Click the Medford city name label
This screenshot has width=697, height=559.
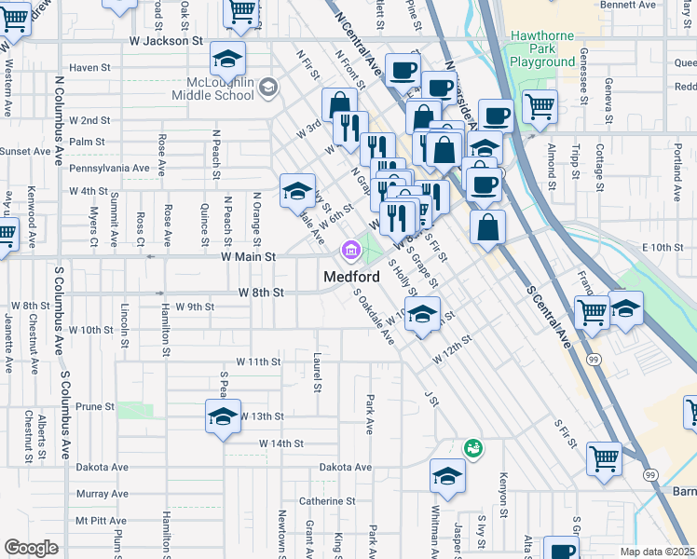point(351,278)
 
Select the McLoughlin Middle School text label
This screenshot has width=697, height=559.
point(213,89)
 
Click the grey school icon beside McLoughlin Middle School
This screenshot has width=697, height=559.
point(268,88)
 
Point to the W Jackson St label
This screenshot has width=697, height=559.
point(165,41)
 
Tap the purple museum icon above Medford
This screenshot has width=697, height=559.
point(351,250)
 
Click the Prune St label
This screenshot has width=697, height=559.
point(94,406)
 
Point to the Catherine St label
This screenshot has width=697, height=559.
point(322,500)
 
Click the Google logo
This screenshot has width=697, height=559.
point(31,549)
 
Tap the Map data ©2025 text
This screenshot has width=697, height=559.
point(657,552)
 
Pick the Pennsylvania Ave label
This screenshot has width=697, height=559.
point(109,169)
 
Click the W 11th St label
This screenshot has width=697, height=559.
point(258,361)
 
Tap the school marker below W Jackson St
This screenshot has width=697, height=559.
point(227,60)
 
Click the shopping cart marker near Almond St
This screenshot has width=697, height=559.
point(540,106)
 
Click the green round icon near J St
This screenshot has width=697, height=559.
point(472,449)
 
